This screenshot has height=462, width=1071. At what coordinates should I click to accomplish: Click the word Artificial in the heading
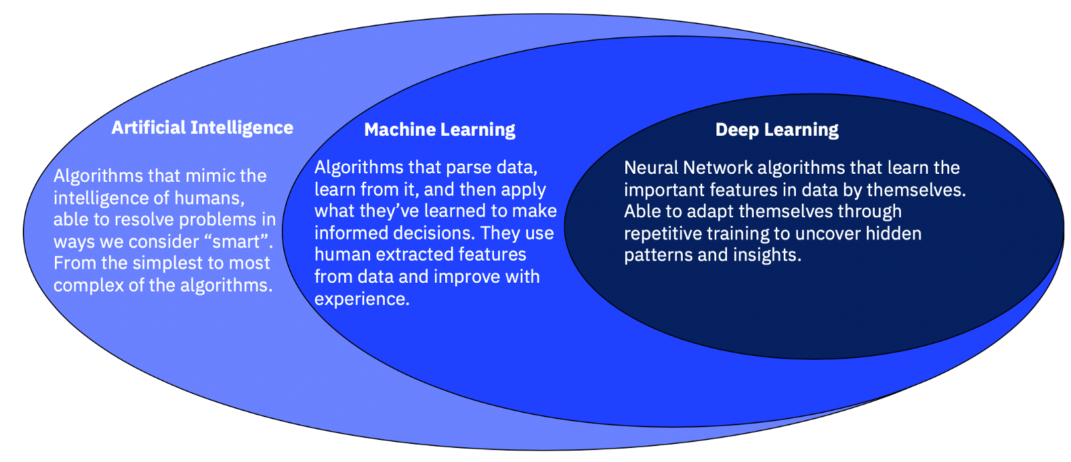147,128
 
